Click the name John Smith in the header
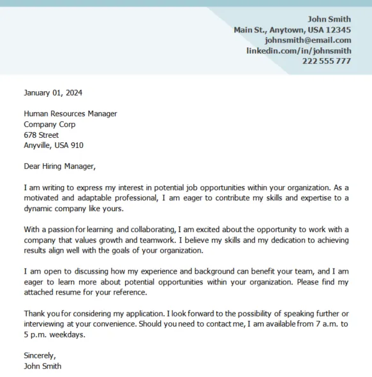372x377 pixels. [x=329, y=19]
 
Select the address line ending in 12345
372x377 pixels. [x=292, y=30]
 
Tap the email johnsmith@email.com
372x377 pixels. [x=308, y=40]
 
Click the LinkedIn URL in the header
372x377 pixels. [x=299, y=50]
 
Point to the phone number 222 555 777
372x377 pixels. [x=326, y=61]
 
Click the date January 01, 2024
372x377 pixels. [x=53, y=92]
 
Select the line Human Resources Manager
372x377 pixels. [x=70, y=114]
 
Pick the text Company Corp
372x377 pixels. [x=50, y=124]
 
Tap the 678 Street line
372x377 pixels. [x=41, y=135]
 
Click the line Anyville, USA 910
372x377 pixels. [x=54, y=145]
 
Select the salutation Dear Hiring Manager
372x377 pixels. [x=59, y=166]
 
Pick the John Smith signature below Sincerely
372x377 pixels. [x=43, y=366]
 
